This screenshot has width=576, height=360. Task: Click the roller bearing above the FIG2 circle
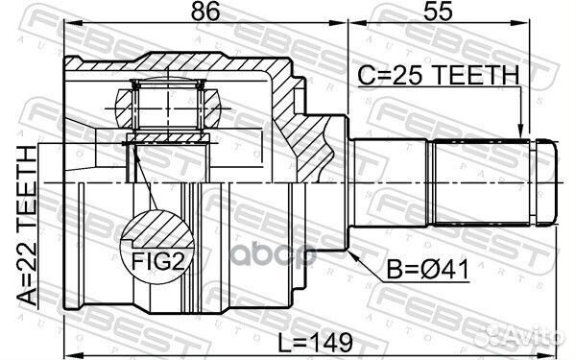169,100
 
